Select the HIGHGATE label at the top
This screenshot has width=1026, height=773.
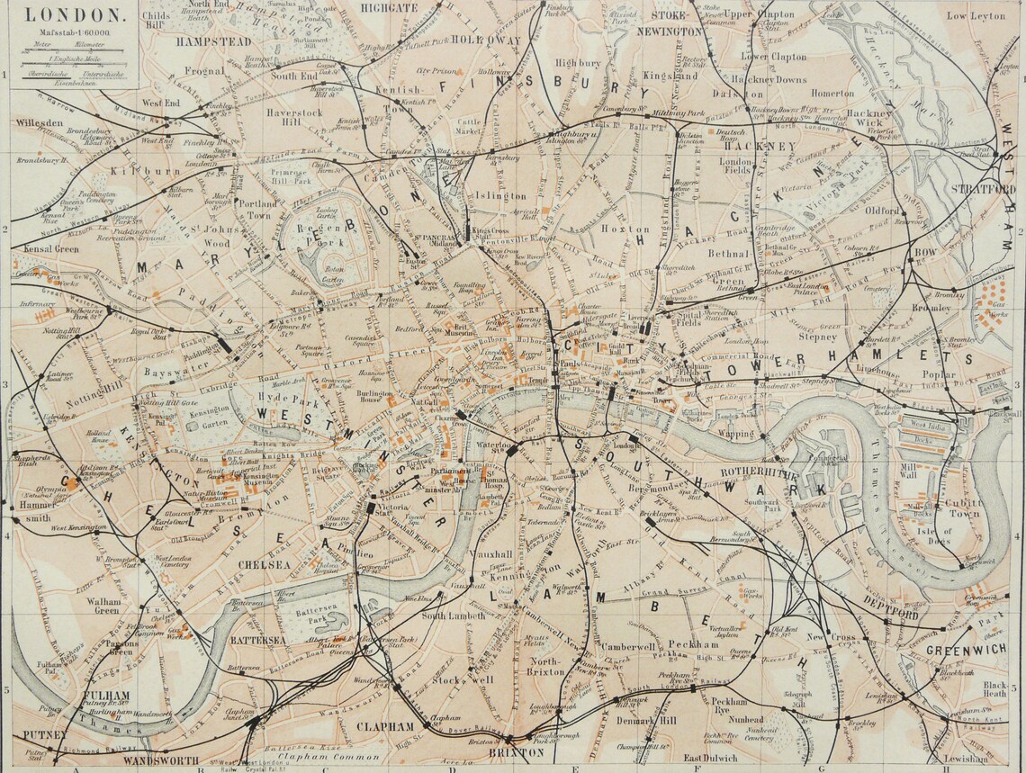[x=389, y=7]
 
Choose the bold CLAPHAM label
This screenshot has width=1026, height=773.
[x=384, y=726]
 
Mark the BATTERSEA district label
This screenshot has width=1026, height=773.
[x=256, y=640]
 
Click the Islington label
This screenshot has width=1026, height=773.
[x=502, y=195]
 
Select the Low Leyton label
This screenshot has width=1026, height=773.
[x=976, y=15]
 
